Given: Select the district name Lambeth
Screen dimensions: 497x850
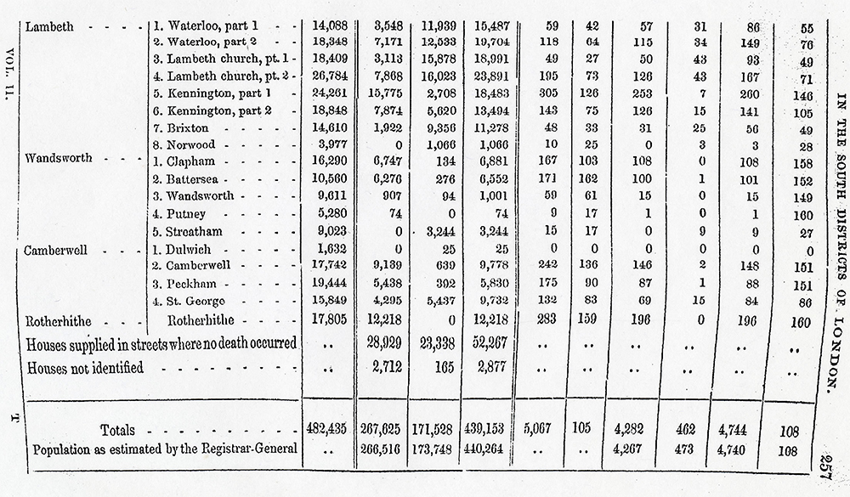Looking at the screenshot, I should pyautogui.click(x=50, y=26).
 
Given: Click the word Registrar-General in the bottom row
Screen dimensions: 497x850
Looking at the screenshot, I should pyautogui.click(x=246, y=450).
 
